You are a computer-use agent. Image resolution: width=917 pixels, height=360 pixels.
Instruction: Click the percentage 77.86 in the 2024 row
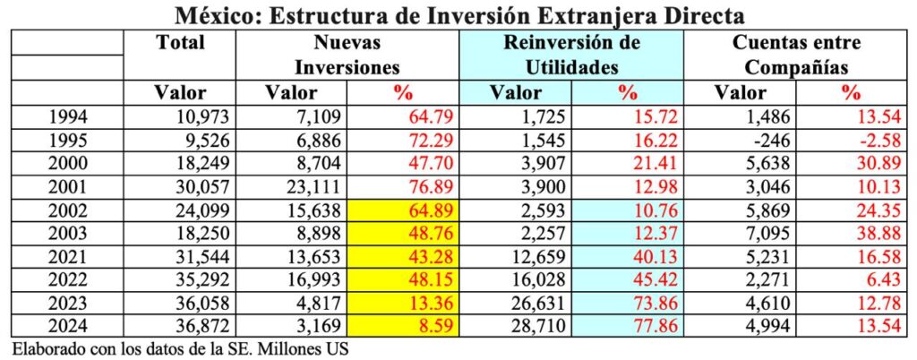click(639, 323)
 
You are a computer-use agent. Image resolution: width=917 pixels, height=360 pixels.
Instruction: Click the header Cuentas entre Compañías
click(796, 55)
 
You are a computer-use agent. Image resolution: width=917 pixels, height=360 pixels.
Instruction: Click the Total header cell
click(180, 42)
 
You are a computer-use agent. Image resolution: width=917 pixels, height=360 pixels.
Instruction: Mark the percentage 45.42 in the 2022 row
click(639, 286)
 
